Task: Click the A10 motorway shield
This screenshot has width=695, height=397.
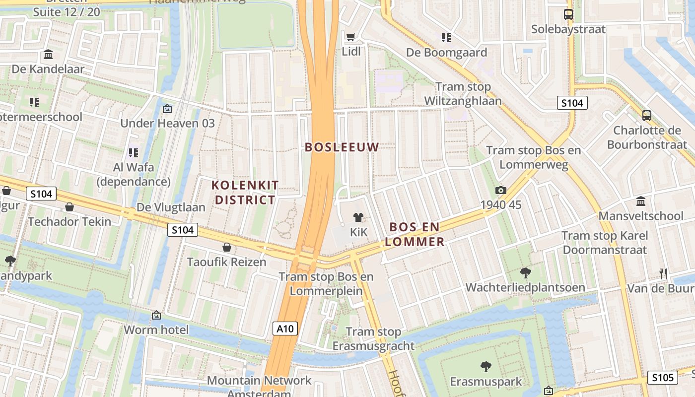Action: (x=285, y=328)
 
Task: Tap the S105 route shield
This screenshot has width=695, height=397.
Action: (x=662, y=378)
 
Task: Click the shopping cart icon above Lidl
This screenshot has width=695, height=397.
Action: (x=351, y=36)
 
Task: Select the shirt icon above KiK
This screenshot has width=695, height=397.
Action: (x=357, y=217)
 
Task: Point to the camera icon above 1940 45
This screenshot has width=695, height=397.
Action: (x=500, y=190)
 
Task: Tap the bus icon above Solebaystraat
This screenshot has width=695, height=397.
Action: (x=568, y=14)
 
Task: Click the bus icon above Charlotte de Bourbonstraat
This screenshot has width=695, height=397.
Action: (x=646, y=116)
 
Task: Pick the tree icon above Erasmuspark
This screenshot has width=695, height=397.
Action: (x=486, y=367)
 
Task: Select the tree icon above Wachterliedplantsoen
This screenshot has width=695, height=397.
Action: (x=525, y=272)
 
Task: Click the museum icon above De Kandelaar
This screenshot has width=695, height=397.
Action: (x=48, y=54)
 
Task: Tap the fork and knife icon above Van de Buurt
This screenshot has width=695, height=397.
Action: (x=663, y=273)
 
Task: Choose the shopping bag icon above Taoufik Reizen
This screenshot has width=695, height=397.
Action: (x=227, y=247)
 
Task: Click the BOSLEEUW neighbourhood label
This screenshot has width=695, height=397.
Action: (x=342, y=147)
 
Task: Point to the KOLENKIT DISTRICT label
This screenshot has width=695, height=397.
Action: (x=245, y=193)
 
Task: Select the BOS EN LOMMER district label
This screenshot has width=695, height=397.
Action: (x=415, y=234)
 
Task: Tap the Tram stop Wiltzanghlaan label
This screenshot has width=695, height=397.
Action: (x=463, y=93)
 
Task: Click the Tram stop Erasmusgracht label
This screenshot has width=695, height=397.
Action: (x=373, y=338)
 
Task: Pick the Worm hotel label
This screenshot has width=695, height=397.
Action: (x=156, y=330)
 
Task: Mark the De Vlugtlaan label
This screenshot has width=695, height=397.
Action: (x=171, y=207)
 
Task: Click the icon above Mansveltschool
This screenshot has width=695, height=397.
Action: (x=641, y=201)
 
